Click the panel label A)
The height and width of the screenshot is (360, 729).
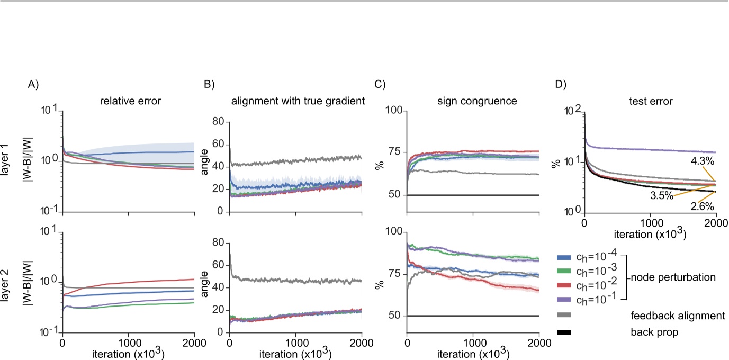click(33, 84)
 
